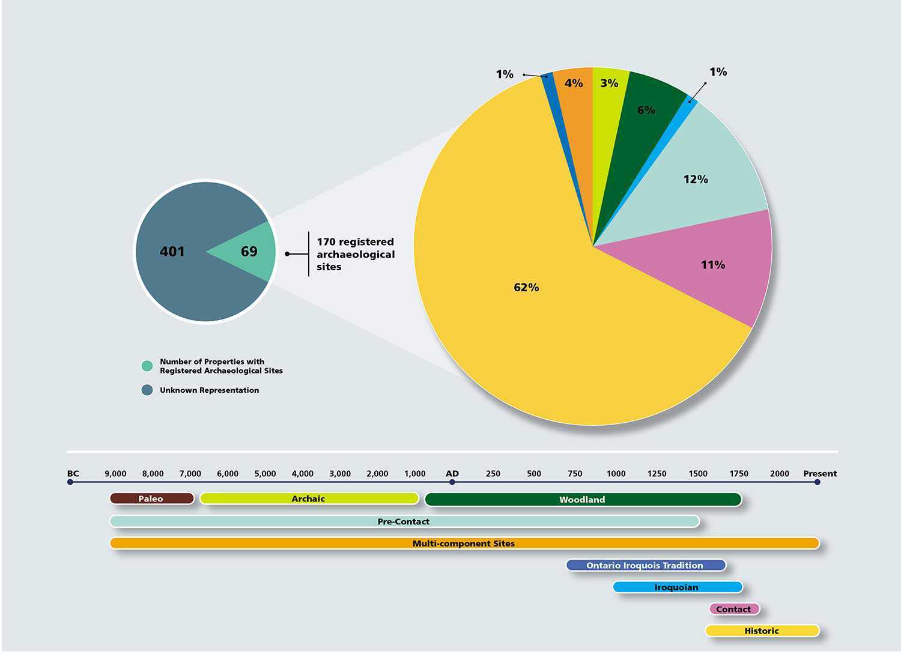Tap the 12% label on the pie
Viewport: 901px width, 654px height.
696,180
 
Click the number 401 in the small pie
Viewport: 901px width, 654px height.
172,252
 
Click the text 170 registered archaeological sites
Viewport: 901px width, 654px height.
355,254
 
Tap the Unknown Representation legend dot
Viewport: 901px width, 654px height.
147,390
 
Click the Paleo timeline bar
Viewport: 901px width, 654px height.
151,498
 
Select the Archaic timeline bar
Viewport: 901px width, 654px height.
309,498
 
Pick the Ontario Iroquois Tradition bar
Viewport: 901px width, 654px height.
645,565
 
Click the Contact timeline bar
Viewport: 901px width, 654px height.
733,609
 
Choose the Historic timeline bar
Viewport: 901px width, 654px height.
762,631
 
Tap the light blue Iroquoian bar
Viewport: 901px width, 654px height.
677,587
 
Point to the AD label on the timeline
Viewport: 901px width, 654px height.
452,474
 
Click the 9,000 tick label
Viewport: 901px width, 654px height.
115,474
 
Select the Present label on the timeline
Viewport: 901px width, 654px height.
819,474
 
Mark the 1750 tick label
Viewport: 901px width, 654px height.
739,474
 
